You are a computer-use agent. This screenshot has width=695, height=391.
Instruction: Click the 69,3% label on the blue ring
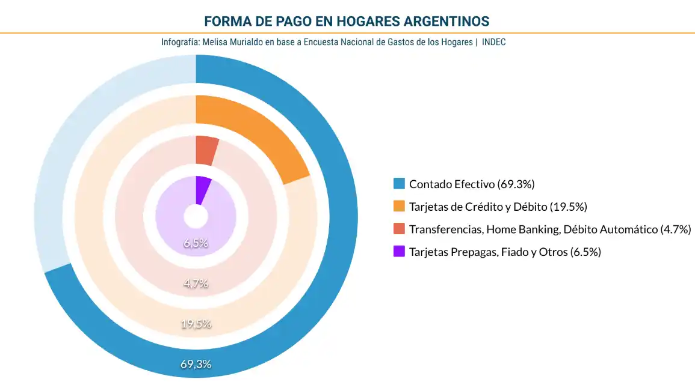pos(196,363)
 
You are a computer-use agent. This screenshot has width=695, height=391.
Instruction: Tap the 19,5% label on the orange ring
pos(196,324)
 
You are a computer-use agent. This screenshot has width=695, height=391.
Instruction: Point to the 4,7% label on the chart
pos(196,283)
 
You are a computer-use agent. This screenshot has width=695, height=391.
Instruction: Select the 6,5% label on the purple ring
pos(196,243)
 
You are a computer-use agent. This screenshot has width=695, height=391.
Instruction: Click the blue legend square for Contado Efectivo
pos(398,184)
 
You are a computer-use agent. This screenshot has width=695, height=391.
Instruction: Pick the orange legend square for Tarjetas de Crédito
pos(398,207)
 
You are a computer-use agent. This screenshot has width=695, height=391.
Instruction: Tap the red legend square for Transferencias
pos(398,229)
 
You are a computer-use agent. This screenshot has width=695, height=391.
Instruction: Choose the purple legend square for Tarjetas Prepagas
pos(398,252)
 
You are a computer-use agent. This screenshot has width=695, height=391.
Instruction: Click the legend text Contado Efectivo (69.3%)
pos(472,184)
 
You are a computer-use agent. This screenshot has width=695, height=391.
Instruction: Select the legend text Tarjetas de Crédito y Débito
pos(498,207)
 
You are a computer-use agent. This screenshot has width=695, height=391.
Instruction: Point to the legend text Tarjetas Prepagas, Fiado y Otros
pos(505,252)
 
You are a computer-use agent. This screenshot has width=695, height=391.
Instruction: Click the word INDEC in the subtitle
pos(493,43)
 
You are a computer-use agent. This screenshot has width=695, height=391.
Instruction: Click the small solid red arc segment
pos(206,150)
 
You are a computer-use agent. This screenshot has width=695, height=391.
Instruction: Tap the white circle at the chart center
pos(196,217)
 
